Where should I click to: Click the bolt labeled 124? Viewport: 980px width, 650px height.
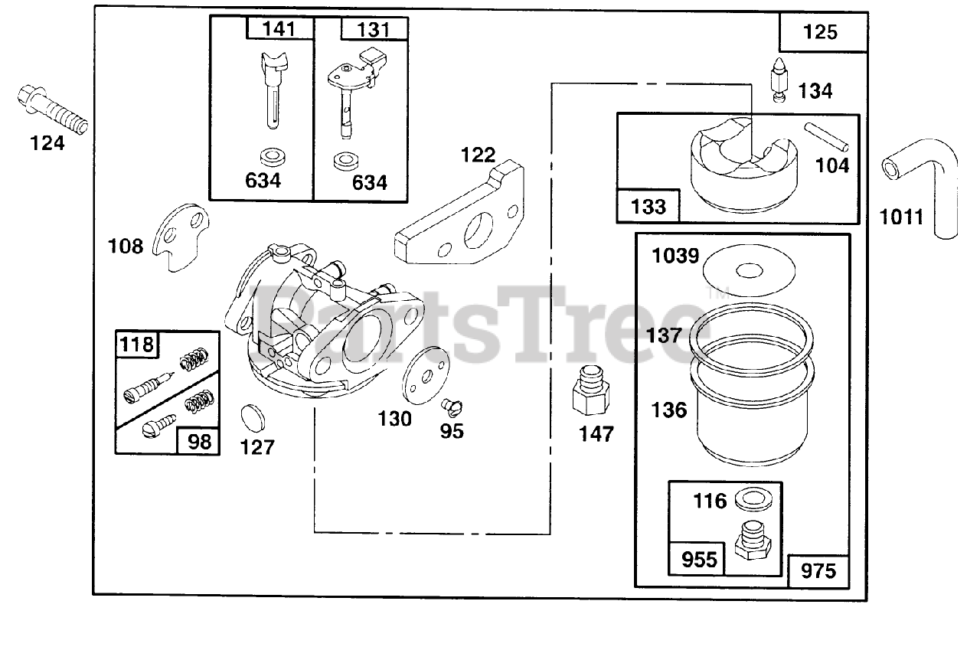pyautogui.click(x=51, y=111)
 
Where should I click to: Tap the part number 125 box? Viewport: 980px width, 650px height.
pyautogui.click(x=822, y=32)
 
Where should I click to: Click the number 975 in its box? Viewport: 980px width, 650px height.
pyautogui.click(x=818, y=570)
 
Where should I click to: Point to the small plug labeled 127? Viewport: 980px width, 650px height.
pyautogui.click(x=253, y=416)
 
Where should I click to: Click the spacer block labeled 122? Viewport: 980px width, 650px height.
pyautogui.click(x=459, y=218)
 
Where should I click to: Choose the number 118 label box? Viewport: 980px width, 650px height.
pyautogui.click(x=136, y=344)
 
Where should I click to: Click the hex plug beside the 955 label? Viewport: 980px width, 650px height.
pyautogui.click(x=752, y=540)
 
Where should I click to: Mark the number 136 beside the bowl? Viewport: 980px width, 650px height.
pyautogui.click(x=669, y=410)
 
